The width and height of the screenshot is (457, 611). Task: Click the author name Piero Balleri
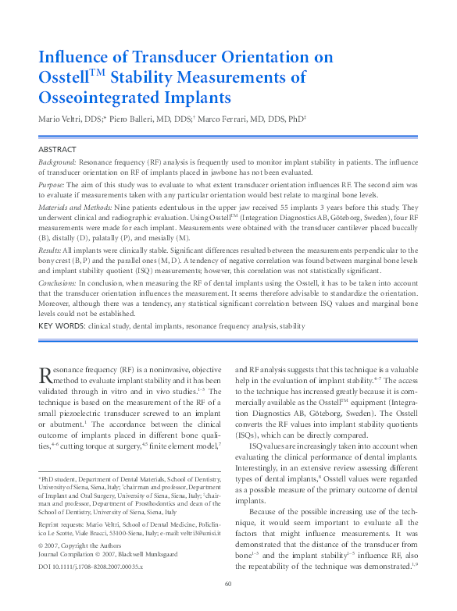tap(150, 119)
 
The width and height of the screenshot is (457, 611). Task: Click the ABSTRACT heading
tap(58, 148)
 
